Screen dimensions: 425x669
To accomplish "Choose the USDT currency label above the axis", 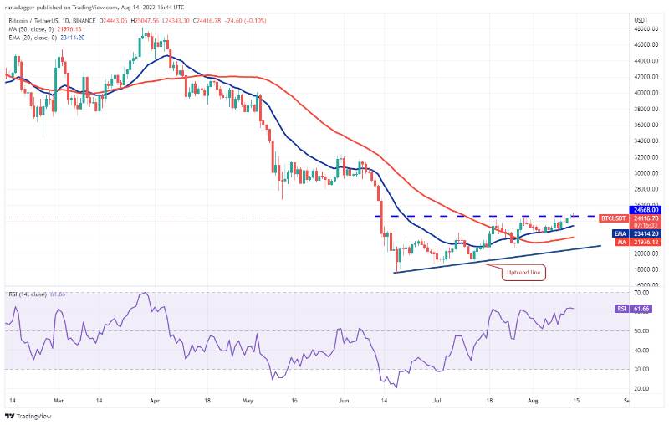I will (641, 19).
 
